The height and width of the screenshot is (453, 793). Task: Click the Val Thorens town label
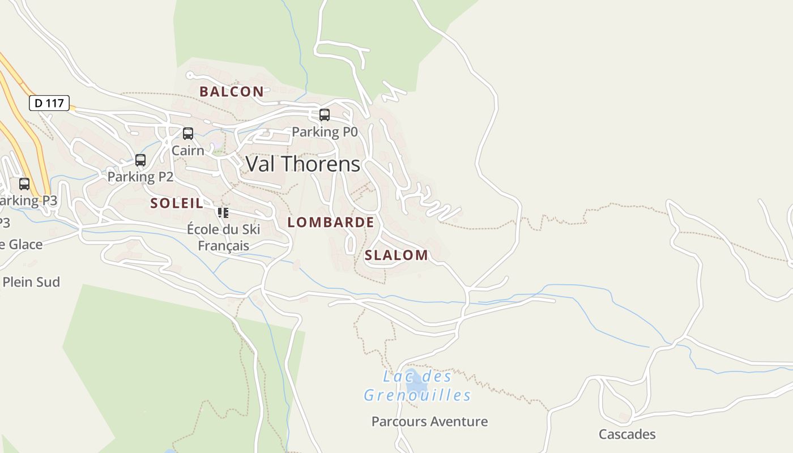click(303, 164)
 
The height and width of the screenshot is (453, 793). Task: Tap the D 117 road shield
click(49, 103)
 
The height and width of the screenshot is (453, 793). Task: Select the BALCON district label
click(232, 92)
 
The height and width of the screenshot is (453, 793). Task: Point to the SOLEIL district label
click(177, 203)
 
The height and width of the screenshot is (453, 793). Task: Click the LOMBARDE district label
click(331, 223)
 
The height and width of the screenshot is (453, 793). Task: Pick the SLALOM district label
click(396, 255)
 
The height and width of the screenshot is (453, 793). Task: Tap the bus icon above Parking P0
click(325, 115)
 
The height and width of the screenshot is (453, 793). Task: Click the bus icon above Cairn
click(188, 134)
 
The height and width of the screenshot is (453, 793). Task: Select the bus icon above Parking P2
click(140, 160)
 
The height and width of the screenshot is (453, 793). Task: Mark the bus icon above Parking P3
click(24, 184)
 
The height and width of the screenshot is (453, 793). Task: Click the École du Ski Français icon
click(223, 213)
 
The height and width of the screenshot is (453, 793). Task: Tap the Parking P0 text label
click(325, 132)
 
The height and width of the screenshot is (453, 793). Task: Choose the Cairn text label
click(188, 151)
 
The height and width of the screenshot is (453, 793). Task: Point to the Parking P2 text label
click(140, 177)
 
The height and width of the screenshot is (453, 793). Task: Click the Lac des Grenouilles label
click(417, 386)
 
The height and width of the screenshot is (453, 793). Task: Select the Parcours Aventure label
click(429, 421)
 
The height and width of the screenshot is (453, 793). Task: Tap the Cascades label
click(627, 434)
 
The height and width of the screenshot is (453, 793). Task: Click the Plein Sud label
click(32, 282)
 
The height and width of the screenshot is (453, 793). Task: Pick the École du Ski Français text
click(224, 237)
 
